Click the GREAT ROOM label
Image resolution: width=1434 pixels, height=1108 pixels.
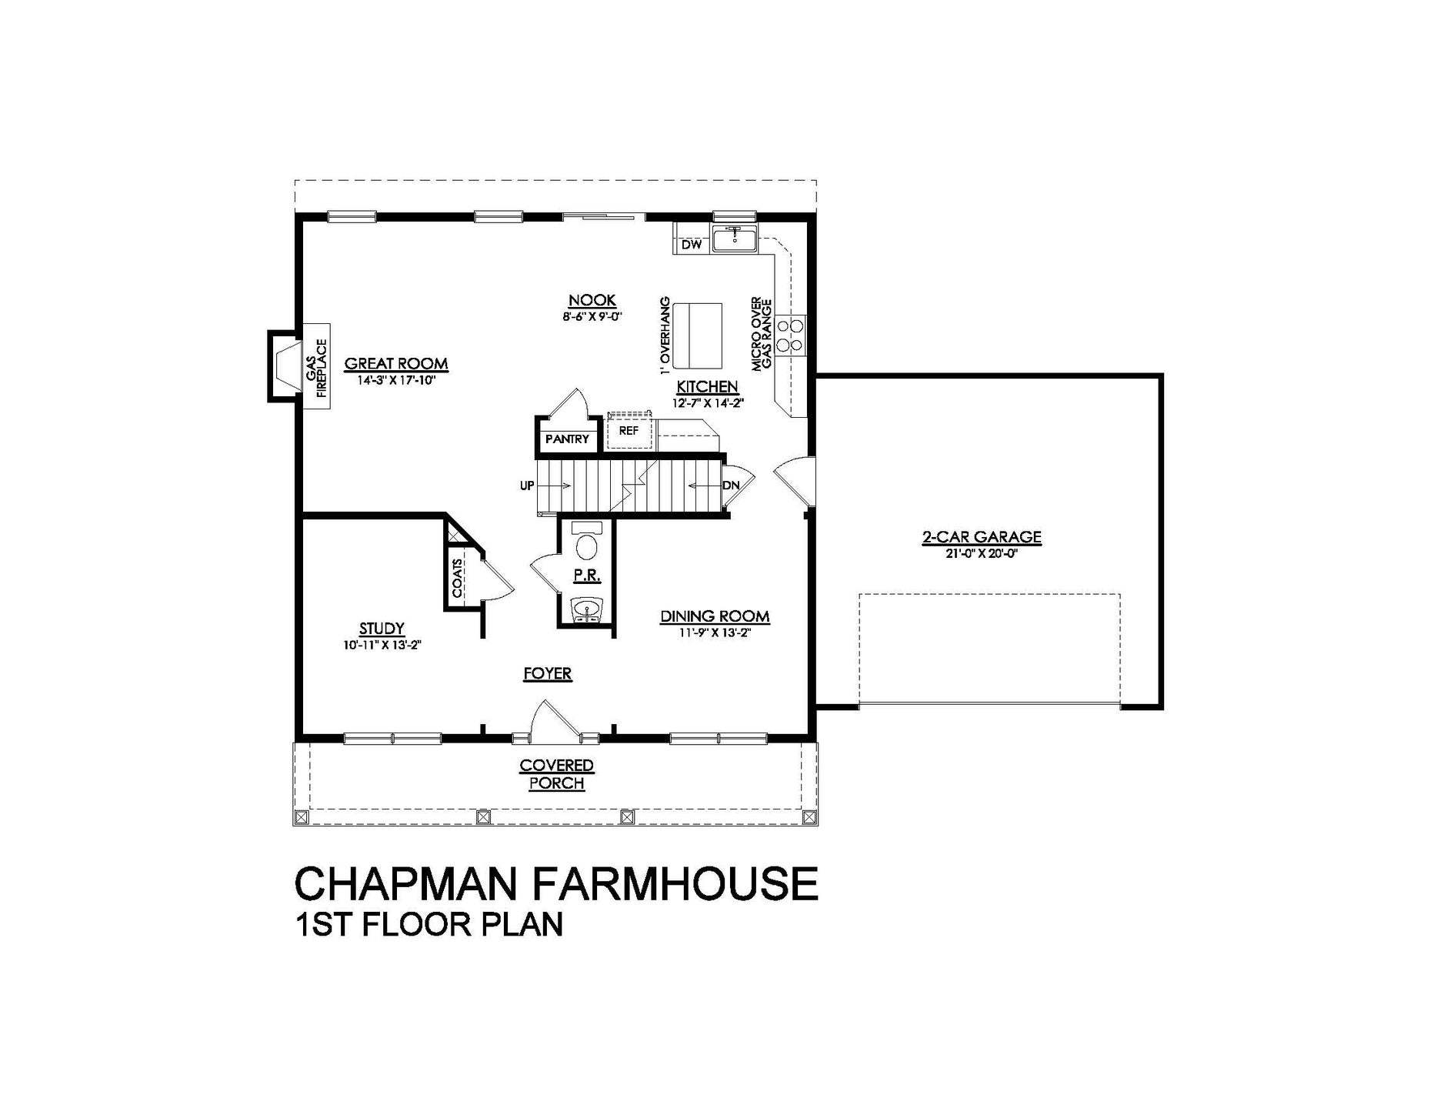(x=395, y=364)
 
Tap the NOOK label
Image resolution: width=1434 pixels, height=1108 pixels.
(x=592, y=300)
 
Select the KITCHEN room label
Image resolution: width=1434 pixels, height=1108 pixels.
(x=707, y=386)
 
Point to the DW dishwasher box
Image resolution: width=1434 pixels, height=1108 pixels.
(x=692, y=245)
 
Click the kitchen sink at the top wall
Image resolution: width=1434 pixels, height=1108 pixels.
(x=735, y=239)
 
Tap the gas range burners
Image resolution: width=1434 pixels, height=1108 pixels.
(x=790, y=335)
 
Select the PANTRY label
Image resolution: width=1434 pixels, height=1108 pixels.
(x=567, y=439)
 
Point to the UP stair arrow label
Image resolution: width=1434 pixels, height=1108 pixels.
(x=527, y=486)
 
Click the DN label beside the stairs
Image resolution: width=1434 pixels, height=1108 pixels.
(x=731, y=486)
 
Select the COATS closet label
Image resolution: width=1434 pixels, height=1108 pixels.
(x=458, y=579)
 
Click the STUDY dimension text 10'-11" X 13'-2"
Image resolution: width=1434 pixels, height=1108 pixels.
(x=382, y=646)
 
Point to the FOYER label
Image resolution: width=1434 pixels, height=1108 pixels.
(x=548, y=674)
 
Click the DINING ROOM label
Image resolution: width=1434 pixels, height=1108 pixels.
(x=715, y=616)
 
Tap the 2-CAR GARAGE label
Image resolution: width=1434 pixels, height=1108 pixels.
(x=982, y=537)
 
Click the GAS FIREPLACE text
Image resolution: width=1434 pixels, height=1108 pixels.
(x=316, y=367)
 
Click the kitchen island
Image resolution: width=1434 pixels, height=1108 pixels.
(x=698, y=335)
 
